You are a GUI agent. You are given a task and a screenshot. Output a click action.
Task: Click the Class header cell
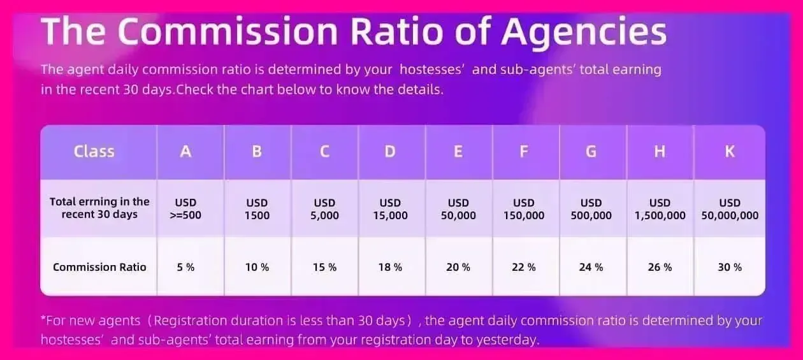point(94,152)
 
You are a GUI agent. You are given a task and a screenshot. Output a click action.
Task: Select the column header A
point(185,152)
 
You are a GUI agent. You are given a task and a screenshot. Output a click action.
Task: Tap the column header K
point(730,152)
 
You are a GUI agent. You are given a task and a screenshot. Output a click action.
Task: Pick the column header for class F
point(524,152)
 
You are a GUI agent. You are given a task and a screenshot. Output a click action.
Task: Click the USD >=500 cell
point(185,209)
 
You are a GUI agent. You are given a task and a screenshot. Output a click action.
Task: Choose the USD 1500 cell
point(257,209)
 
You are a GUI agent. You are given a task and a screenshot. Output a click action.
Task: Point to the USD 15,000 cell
point(390,209)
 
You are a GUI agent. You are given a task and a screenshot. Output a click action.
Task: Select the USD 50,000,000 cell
point(730,209)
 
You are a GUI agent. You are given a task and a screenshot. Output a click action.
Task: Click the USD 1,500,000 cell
point(660,209)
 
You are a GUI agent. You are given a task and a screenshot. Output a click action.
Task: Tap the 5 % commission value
point(185,267)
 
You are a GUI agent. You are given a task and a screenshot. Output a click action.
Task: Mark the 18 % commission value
point(390,267)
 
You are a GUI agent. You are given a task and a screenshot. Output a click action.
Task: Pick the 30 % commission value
point(730,267)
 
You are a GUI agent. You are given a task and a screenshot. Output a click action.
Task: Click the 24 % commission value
point(591,267)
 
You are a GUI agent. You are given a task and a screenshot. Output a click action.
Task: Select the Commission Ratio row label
point(99,267)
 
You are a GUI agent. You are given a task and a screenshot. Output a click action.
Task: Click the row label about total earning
point(99,208)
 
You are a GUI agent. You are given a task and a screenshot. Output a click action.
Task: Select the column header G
point(591,152)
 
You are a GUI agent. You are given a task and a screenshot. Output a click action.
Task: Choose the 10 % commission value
point(257,267)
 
